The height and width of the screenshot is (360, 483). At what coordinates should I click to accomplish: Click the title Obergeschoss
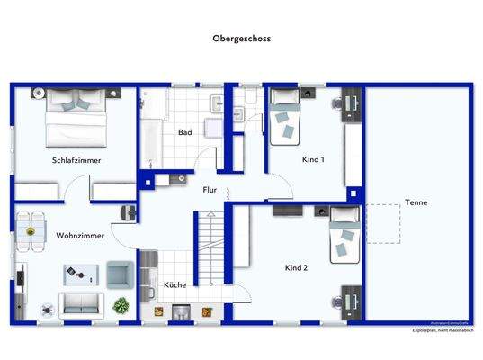pyautogui.click(x=241, y=39)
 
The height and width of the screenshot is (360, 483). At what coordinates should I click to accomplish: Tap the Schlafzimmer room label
pyautogui.click(x=76, y=159)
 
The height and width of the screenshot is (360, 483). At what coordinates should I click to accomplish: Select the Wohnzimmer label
pyautogui.click(x=80, y=235)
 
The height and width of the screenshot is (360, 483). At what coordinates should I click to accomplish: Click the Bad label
pyautogui.click(x=184, y=132)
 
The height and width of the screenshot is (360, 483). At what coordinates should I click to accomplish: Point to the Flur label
pyautogui.click(x=210, y=190)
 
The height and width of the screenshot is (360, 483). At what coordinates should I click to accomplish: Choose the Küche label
pyautogui.click(x=174, y=285)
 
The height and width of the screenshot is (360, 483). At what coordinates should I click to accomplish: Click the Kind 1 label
pyautogui.click(x=313, y=159)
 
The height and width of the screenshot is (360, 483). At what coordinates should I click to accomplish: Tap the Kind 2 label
pyautogui.click(x=297, y=268)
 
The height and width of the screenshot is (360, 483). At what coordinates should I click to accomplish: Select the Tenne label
pyautogui.click(x=416, y=202)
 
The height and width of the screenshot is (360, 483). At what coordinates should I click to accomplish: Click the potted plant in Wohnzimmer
pyautogui.click(x=121, y=305)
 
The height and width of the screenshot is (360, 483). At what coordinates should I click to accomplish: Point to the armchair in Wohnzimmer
pyautogui.click(x=120, y=273)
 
